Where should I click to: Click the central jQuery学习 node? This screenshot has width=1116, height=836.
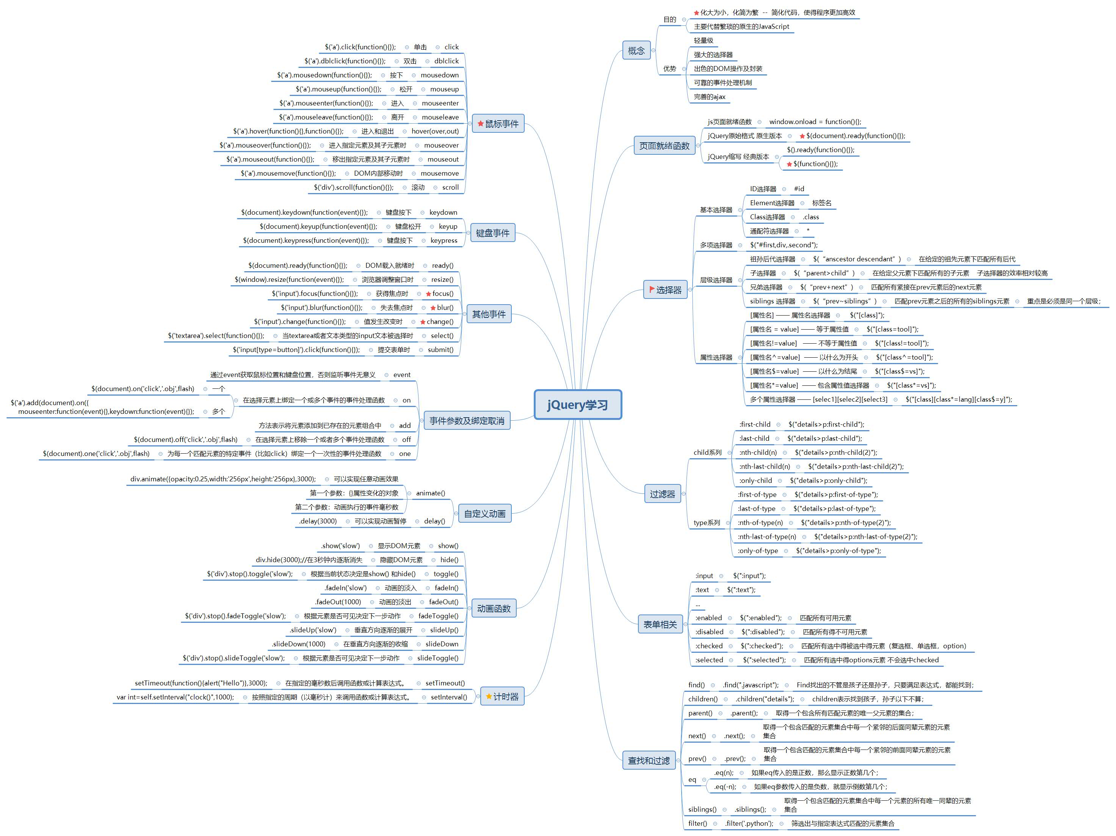tap(578, 404)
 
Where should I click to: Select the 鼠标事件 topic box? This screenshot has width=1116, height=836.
tap(498, 124)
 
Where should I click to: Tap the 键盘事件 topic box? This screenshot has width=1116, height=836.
tap(492, 233)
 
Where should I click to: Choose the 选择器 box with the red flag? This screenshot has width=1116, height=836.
tap(665, 290)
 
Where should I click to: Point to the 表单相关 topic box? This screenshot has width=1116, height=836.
tap(660, 624)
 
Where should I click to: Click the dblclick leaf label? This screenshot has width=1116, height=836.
tap(447, 61)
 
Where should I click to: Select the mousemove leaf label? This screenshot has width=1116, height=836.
tap(439, 173)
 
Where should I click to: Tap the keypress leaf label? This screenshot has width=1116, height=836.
tap(444, 240)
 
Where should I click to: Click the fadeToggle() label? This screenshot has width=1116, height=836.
tap(438, 616)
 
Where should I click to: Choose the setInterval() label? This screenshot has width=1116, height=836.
tap(448, 697)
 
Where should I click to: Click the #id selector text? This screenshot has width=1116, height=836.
tap(799, 189)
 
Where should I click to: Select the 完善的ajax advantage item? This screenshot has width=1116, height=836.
tap(709, 97)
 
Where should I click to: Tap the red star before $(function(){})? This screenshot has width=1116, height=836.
tap(789, 164)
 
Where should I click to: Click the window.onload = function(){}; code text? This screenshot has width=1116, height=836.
tap(815, 122)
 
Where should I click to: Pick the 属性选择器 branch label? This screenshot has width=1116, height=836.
tap(715, 357)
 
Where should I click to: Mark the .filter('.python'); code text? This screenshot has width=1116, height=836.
tap(749, 823)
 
